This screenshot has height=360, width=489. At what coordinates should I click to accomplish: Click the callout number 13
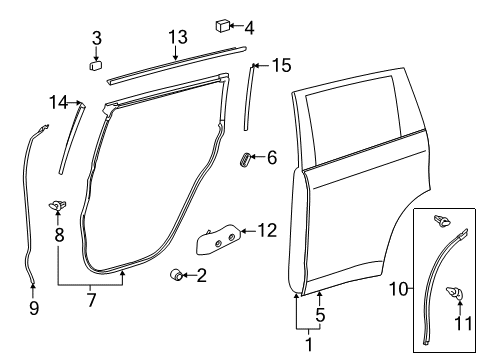click(x=178, y=37)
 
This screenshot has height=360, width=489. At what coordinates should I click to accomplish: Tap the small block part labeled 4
click(x=223, y=26)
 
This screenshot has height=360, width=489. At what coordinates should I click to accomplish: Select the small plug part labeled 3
click(x=96, y=65)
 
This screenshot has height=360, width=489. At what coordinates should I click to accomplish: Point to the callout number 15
click(x=282, y=65)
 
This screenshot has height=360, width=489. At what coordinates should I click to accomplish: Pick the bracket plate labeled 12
click(x=218, y=239)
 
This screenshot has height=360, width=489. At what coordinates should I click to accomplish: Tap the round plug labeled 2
click(x=176, y=274)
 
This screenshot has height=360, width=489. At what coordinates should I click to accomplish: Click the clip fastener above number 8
click(x=57, y=206)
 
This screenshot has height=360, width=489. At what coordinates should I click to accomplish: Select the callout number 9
click(x=34, y=307)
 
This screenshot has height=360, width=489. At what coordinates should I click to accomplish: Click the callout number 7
click(x=91, y=300)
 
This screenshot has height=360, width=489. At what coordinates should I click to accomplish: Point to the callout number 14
click(x=58, y=102)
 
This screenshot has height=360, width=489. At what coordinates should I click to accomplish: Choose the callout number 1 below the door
click(x=309, y=344)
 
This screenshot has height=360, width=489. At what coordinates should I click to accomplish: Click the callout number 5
click(x=320, y=315)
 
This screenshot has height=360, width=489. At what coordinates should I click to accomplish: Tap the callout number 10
click(x=399, y=289)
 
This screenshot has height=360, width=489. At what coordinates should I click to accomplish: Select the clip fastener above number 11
click(x=455, y=293)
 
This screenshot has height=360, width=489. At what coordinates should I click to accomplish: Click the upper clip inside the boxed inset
click(x=442, y=221)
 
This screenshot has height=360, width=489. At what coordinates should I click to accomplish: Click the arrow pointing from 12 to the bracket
click(x=249, y=231)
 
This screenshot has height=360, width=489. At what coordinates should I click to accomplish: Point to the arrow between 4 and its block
click(x=236, y=26)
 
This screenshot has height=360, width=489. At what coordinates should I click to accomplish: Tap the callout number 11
click(x=464, y=323)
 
